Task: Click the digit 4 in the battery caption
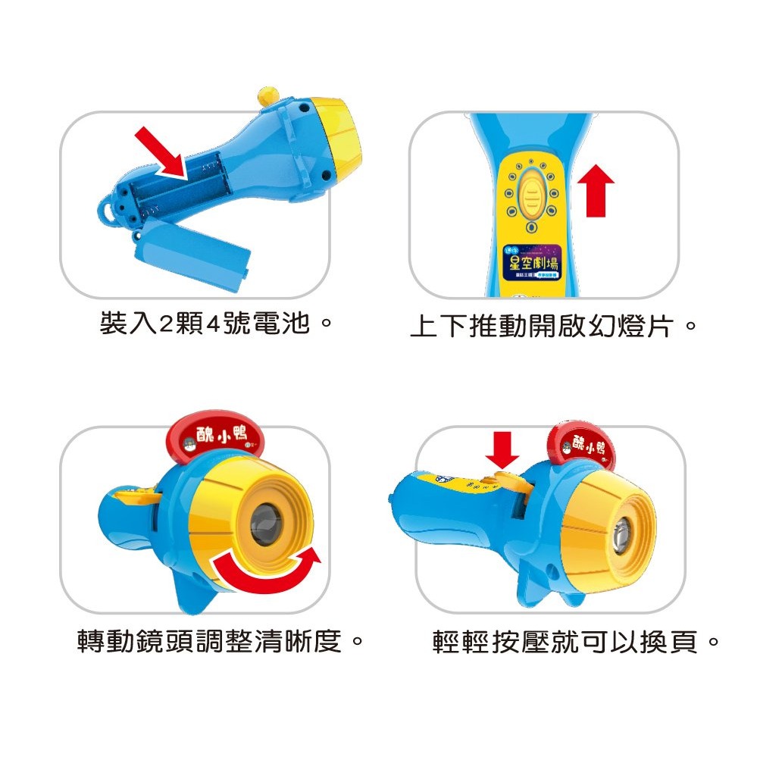pos(213,324)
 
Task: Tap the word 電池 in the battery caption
pos(285,324)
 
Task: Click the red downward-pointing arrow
pos(502,451)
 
